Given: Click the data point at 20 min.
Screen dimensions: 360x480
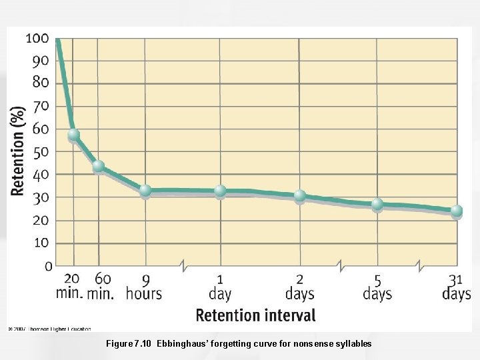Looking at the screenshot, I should [x=73, y=135].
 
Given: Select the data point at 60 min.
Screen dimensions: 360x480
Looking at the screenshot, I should [x=98, y=166].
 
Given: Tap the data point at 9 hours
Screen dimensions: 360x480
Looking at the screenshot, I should [x=145, y=191].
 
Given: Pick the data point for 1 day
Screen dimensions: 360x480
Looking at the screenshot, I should [x=220, y=191].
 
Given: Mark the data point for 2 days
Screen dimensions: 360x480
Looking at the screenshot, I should [x=299, y=195].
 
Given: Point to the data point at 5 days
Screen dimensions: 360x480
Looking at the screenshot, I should [x=377, y=204].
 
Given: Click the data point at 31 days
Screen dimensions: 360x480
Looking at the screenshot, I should [x=456, y=211].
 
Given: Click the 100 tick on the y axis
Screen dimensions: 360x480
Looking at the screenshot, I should [x=37, y=39].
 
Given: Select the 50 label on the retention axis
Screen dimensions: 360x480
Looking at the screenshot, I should [x=41, y=152].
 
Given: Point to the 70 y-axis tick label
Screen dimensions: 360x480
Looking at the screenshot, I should [x=41, y=106].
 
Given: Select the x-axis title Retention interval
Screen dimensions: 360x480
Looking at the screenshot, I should [x=255, y=315].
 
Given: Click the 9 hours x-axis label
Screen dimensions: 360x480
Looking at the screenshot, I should [x=144, y=287].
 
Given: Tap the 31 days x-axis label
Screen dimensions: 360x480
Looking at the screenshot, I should [x=456, y=287].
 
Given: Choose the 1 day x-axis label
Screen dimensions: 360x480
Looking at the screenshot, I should [x=220, y=287].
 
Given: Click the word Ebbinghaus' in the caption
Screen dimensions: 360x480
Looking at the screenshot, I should [x=184, y=344].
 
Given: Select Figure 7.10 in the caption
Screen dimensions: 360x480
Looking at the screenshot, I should [x=129, y=344].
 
